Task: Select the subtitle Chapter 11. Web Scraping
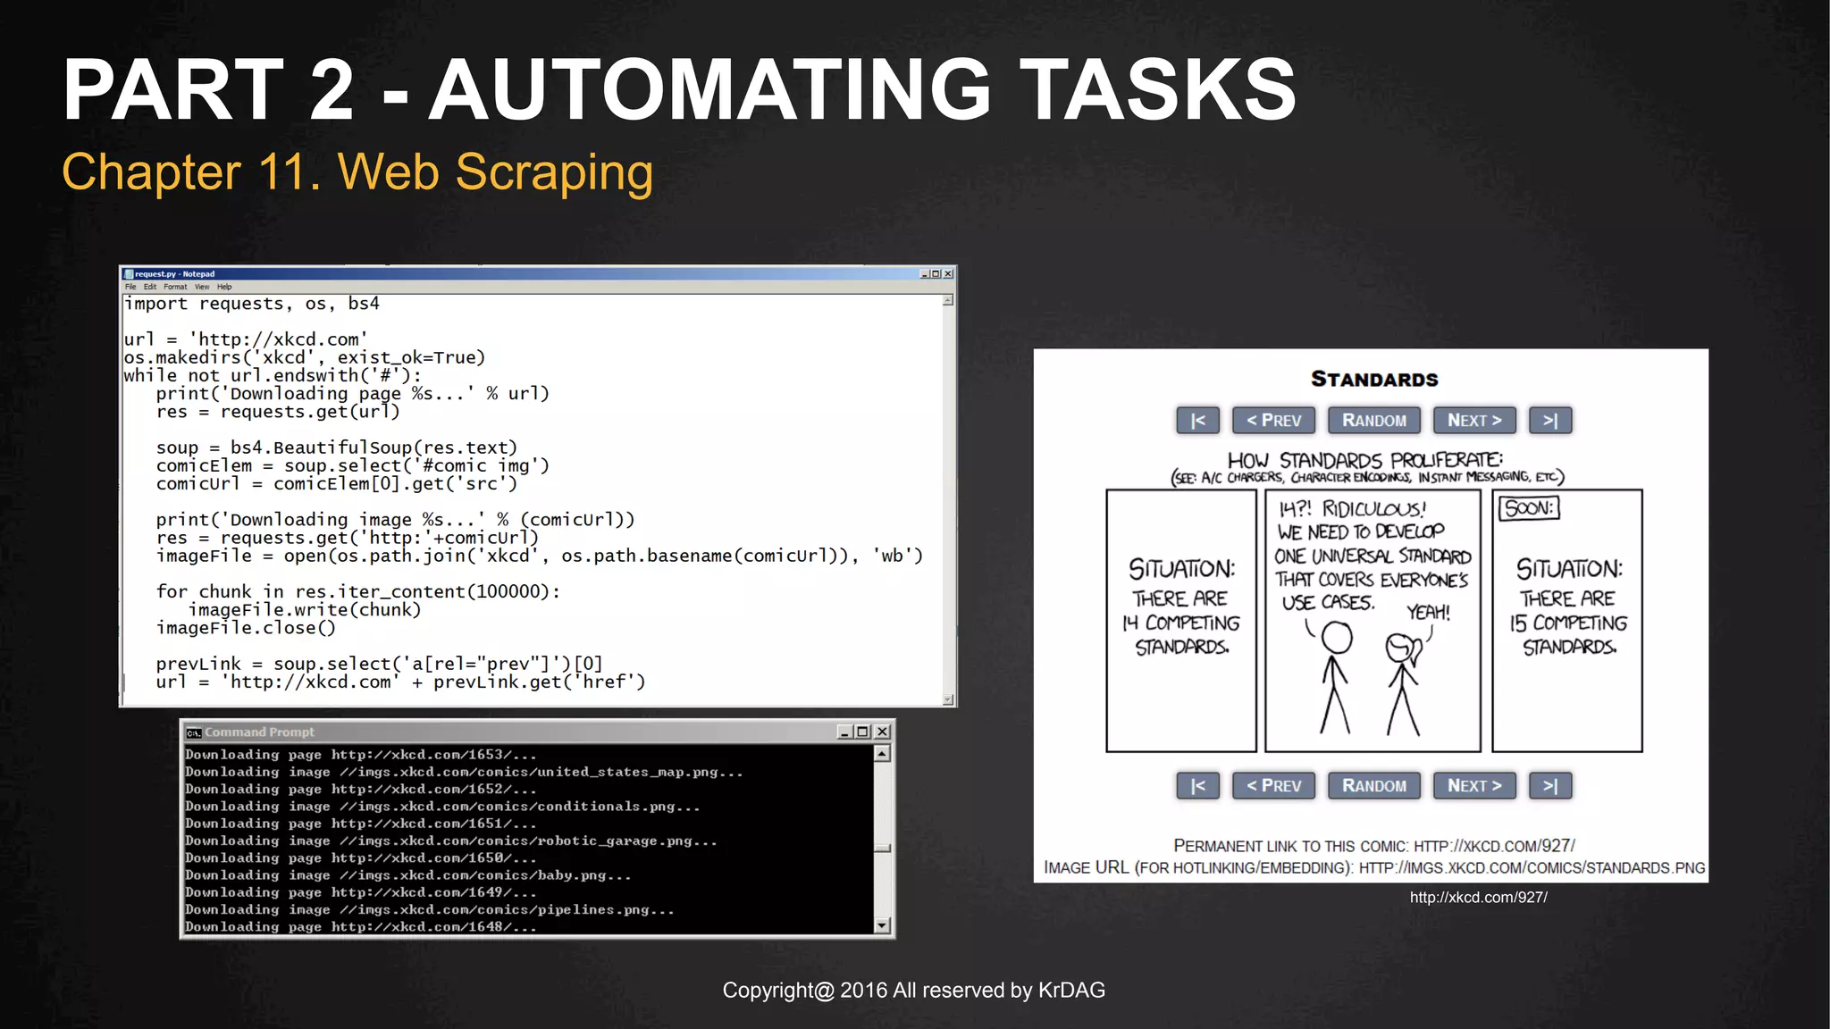click(357, 171)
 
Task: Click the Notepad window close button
click(948, 274)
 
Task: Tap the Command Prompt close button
click(882, 732)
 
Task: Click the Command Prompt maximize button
click(862, 732)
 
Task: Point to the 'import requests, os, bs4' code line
click(252, 304)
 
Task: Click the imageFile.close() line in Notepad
click(246, 628)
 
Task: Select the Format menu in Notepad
click(175, 287)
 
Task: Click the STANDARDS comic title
click(1374, 379)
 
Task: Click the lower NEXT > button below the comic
click(1473, 786)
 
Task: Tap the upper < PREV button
click(1273, 421)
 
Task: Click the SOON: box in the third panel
click(1529, 508)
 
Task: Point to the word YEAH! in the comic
click(1428, 612)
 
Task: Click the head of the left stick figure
click(1337, 638)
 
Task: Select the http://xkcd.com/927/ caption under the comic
click(1478, 897)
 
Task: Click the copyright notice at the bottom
click(913, 990)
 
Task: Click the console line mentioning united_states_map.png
click(464, 772)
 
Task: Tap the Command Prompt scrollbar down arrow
click(882, 925)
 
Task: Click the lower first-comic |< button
click(1197, 786)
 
